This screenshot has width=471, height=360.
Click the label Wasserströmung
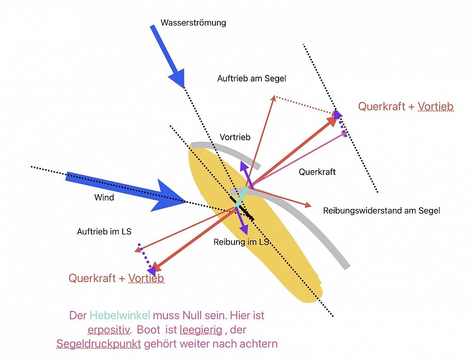(x=193, y=23)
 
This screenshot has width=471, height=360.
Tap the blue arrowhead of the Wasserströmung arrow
(x=177, y=78)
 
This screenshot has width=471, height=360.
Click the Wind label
(x=104, y=198)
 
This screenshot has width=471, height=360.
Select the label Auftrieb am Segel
(x=251, y=78)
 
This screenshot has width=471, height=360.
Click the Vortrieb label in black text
(x=235, y=137)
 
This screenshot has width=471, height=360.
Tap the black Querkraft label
(x=317, y=172)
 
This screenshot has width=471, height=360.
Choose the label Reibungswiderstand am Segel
(x=382, y=211)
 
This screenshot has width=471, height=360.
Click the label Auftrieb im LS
(x=104, y=231)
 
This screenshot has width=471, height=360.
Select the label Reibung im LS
(x=241, y=242)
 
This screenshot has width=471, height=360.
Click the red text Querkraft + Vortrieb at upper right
(x=406, y=106)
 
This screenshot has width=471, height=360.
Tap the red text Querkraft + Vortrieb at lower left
(x=116, y=278)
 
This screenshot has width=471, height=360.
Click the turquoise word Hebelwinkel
(x=120, y=315)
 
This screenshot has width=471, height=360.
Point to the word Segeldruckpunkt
(x=99, y=344)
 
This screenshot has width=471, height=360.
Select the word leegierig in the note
(x=201, y=330)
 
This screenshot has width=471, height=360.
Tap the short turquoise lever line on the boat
(x=241, y=197)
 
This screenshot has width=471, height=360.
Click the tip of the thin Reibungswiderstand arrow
(x=311, y=206)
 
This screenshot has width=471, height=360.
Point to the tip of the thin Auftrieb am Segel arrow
(x=274, y=96)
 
